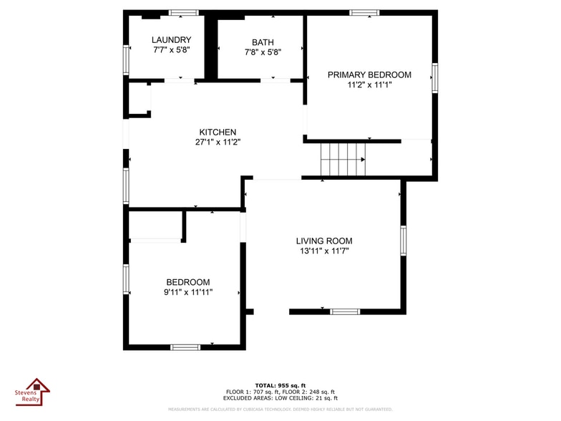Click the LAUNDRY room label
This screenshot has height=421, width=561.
172,40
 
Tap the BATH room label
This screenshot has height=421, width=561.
263,42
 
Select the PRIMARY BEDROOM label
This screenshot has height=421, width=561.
369,74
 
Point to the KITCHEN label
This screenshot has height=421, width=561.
218,132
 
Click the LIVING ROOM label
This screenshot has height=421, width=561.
324,241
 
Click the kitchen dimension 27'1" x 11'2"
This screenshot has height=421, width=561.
218,142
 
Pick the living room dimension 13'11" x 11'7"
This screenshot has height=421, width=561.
324,251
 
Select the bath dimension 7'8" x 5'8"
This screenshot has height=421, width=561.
263,52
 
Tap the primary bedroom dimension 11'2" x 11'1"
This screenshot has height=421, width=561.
369,84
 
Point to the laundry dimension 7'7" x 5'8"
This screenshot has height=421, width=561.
172,50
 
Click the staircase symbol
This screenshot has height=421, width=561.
343,160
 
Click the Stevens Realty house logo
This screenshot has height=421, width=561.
33,392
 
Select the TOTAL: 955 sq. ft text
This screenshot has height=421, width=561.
280,385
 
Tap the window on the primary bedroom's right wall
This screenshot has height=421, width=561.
435,77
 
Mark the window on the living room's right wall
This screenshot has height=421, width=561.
404,241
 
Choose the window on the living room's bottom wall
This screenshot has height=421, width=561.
345,311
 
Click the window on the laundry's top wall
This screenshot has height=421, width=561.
183,13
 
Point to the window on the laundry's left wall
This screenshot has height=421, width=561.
126,60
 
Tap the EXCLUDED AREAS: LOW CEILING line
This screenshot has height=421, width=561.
280,398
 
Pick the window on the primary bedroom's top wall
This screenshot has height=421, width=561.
364,13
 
